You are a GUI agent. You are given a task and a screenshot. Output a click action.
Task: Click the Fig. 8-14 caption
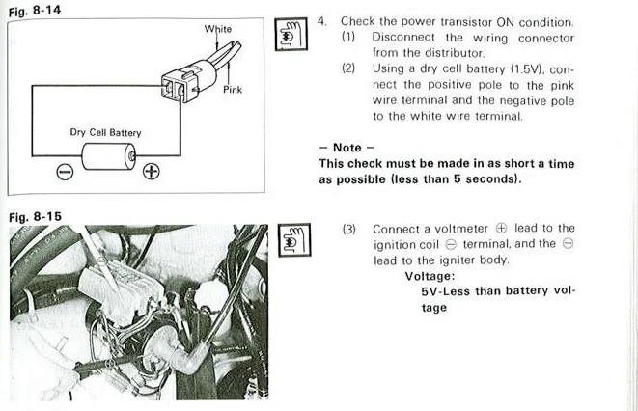[35, 11]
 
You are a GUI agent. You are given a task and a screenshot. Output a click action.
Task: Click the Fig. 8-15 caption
[35, 217]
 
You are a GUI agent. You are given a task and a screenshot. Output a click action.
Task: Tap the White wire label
[218, 29]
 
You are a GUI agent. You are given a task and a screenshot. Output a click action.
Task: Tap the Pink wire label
[233, 90]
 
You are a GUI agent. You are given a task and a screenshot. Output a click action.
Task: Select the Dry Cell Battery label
[105, 132]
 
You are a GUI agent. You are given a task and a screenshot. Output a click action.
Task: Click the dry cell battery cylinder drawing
[109, 156]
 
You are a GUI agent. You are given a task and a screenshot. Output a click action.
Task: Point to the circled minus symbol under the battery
[65, 172]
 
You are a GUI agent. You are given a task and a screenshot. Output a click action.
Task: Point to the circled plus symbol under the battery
[151, 171]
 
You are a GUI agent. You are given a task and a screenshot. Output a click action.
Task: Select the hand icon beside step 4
[291, 34]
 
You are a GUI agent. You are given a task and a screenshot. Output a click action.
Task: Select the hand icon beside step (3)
[294, 240]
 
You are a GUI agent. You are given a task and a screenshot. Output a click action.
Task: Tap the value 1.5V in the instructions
[526, 69]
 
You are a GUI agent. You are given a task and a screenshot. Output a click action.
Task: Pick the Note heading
[347, 148]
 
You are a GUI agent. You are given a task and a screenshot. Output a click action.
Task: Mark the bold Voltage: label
[430, 277]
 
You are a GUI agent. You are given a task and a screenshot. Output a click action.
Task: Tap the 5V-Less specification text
[445, 291]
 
